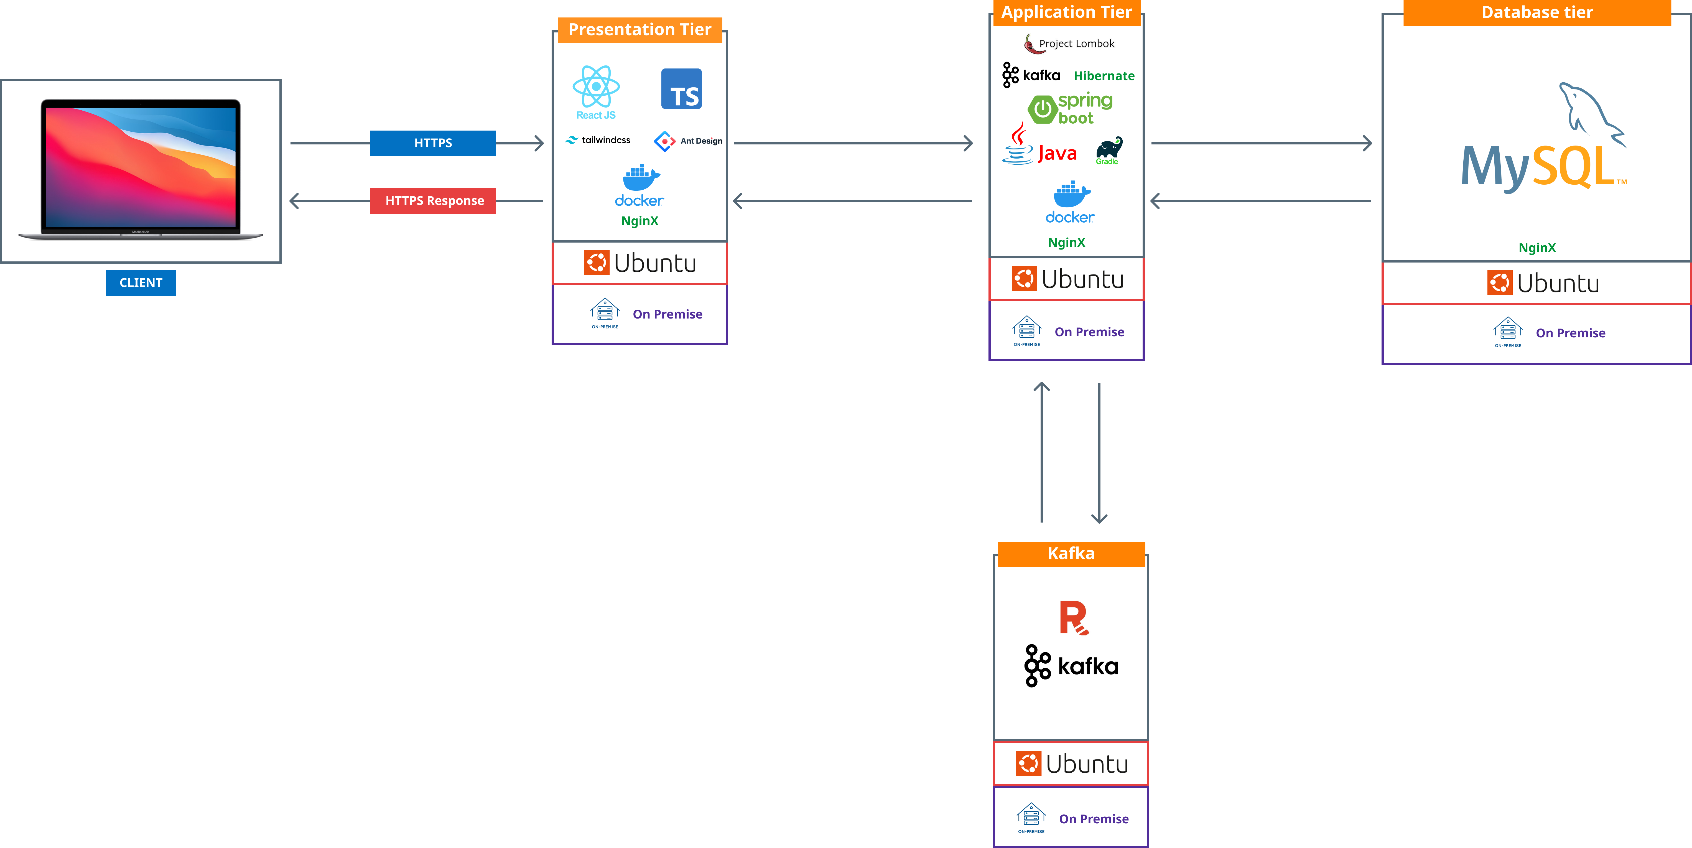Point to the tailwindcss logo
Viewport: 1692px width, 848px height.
[597, 140]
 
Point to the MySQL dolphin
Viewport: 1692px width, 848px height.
[1589, 112]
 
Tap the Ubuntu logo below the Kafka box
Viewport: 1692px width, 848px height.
[1071, 763]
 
